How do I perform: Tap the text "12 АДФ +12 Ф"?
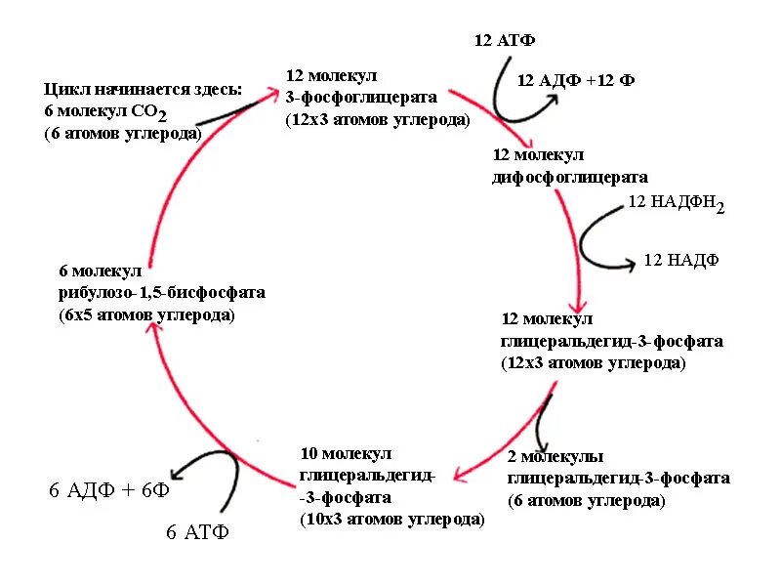click(x=575, y=81)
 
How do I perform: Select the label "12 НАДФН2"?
click(x=676, y=204)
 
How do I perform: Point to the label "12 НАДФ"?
click(x=680, y=261)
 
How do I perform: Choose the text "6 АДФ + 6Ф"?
click(x=109, y=490)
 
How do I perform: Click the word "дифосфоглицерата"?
click(x=569, y=178)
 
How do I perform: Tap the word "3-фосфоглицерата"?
click(x=360, y=97)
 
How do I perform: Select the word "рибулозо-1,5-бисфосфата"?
click(x=161, y=293)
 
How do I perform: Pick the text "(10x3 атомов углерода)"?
click(x=391, y=520)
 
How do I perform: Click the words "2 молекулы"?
click(x=555, y=457)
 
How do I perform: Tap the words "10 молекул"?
click(x=346, y=454)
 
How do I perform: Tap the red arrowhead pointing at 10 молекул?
click(x=457, y=474)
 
